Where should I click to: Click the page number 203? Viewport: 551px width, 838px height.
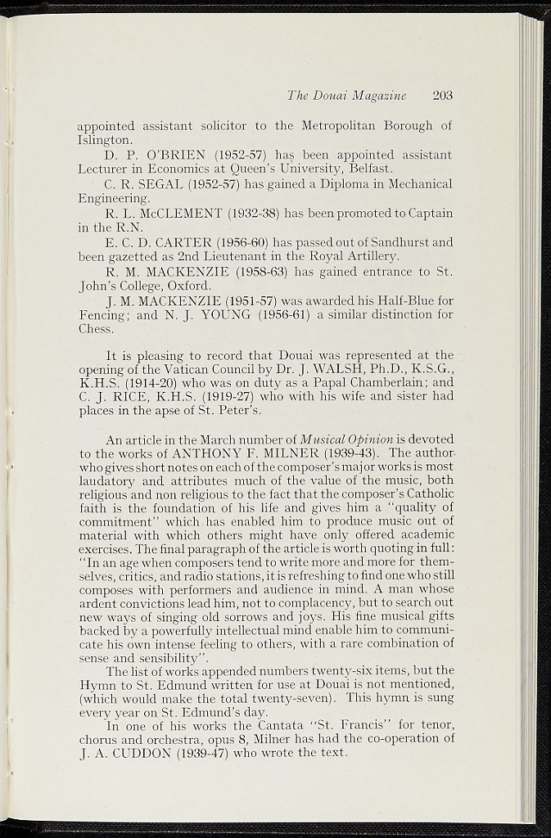pos(442,96)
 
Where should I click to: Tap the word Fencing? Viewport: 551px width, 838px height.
pos(102,316)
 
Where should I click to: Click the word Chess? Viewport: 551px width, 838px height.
pos(93,331)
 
